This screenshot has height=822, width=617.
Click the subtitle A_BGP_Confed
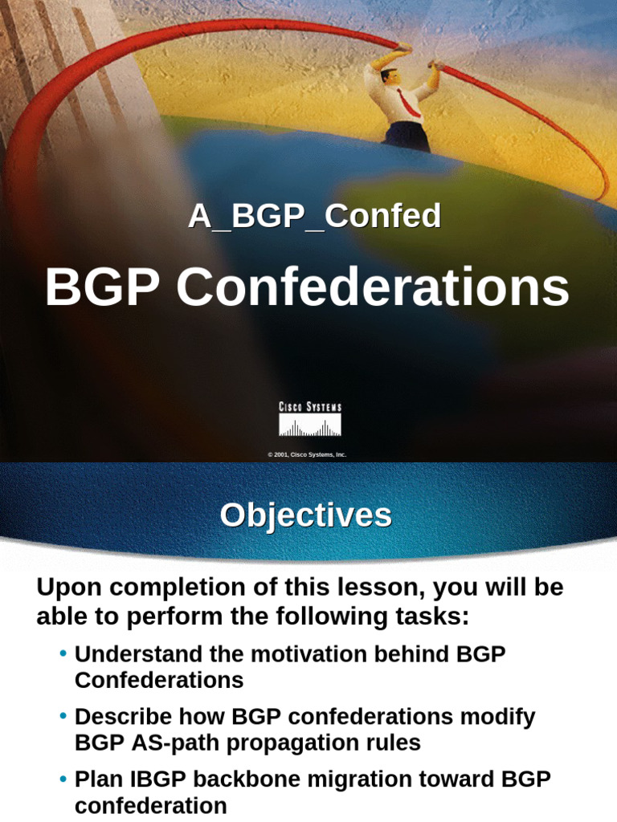click(x=314, y=216)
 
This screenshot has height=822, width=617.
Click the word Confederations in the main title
click(x=373, y=288)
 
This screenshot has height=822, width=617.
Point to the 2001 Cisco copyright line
click(x=307, y=454)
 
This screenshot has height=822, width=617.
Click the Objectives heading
click(x=306, y=515)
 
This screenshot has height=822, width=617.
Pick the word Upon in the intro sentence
click(x=65, y=588)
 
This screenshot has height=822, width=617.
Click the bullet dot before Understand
click(x=63, y=653)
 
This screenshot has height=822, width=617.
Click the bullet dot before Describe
click(x=63, y=716)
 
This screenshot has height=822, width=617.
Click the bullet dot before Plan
click(x=63, y=778)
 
